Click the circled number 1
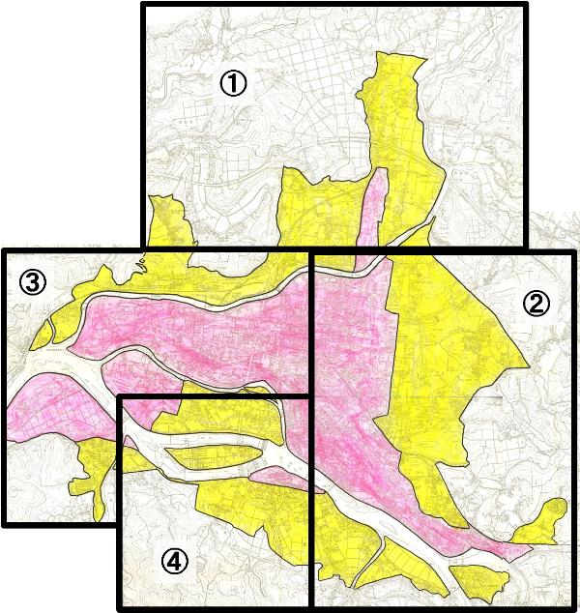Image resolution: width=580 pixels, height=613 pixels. (x=233, y=84)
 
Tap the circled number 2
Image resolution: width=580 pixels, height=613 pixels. (x=536, y=304)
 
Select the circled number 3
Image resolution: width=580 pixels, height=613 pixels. (x=32, y=282)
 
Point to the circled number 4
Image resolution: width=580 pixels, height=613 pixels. (x=174, y=562)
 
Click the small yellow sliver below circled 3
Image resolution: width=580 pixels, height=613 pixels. (x=43, y=336)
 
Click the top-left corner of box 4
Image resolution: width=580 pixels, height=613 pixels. (x=120, y=397)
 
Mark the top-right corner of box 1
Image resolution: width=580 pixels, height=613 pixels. (x=527, y=5)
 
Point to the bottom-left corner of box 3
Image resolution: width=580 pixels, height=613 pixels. (x=5, y=524)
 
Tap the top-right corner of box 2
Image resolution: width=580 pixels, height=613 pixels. (x=566, y=252)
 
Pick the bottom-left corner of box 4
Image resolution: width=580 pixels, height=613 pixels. (x=120, y=608)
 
